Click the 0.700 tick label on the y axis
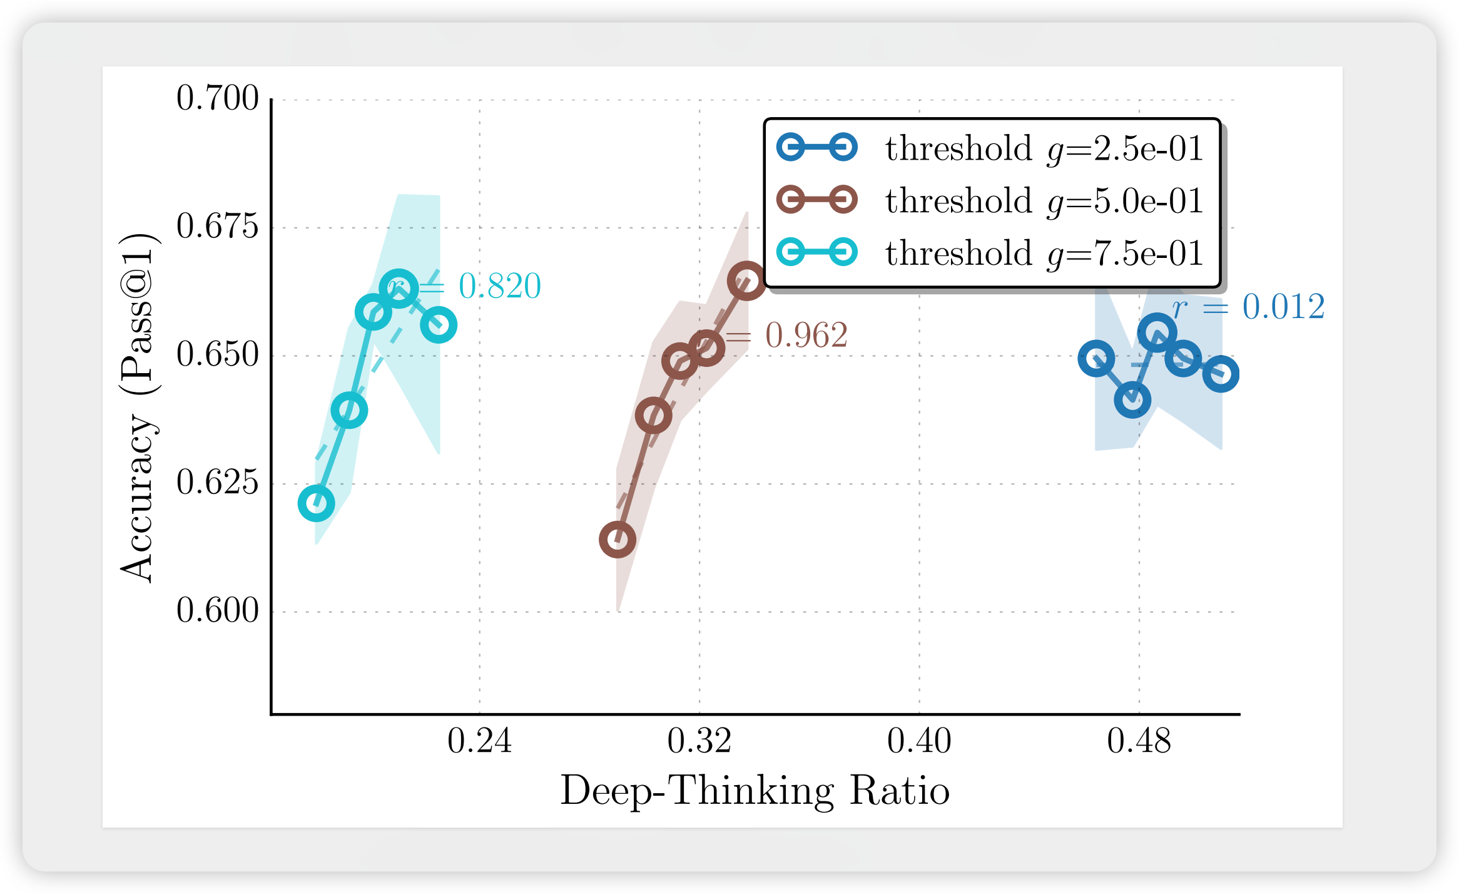(x=217, y=98)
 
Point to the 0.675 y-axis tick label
(x=217, y=227)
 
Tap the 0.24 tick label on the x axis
(x=479, y=741)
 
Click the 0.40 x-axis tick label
(x=919, y=741)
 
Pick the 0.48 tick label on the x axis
(x=1139, y=741)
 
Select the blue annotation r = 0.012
(x=1248, y=307)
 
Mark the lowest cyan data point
(x=316, y=503)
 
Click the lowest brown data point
(x=618, y=540)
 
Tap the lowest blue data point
(x=1132, y=400)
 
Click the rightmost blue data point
(x=1221, y=374)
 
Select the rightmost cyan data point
(x=439, y=326)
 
